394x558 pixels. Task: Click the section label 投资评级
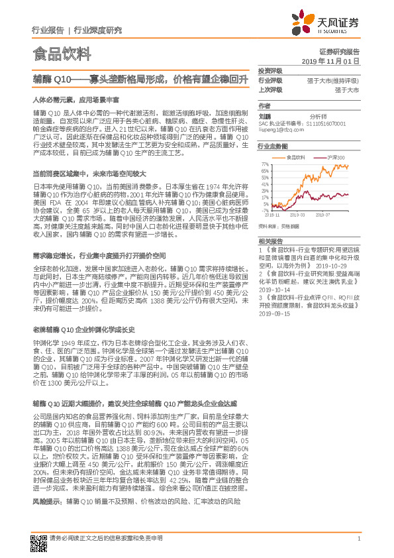click(x=270, y=70)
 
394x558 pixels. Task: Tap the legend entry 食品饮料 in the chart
click(x=295, y=157)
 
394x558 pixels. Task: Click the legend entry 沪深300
click(x=336, y=157)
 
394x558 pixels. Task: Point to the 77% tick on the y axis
click(x=265, y=163)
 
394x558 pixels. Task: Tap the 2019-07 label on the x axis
click(x=324, y=215)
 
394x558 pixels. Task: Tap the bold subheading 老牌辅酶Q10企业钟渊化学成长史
click(x=83, y=329)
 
